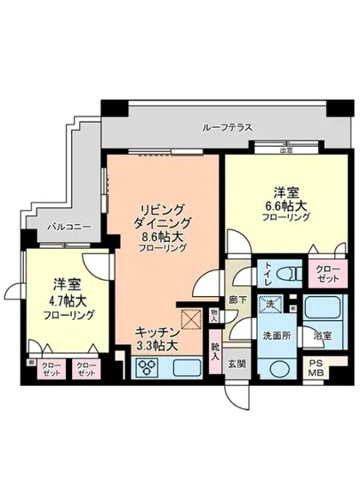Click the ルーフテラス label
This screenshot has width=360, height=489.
228,128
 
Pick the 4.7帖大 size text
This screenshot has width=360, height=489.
61,300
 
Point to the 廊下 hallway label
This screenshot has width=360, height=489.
236,300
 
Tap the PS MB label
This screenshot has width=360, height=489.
317,368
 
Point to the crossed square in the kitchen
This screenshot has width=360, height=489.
190,318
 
